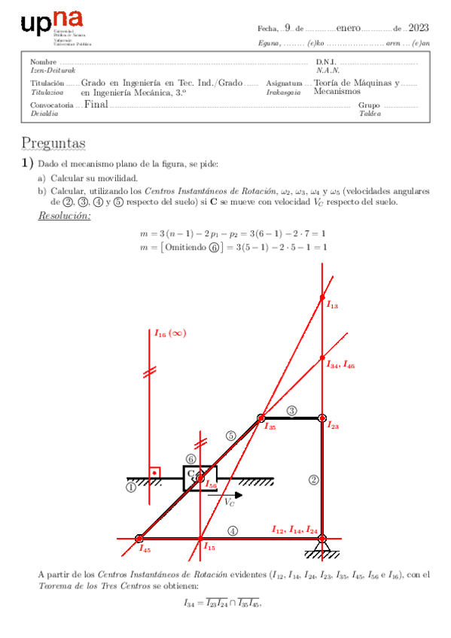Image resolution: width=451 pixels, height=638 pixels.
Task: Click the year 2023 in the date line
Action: coord(419,28)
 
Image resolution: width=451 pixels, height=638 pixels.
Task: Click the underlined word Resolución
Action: coord(64,217)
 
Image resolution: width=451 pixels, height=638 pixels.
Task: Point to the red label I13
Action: coord(332,305)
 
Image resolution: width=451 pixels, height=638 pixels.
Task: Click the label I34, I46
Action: coord(340,365)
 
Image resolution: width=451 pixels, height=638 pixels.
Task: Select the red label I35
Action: coord(270,426)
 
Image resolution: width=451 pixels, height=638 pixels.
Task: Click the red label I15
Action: coord(210,547)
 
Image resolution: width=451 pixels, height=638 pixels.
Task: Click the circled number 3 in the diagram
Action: coord(292,410)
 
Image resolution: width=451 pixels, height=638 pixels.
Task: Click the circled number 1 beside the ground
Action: coord(131,488)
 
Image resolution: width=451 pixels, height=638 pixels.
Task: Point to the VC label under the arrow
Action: coord(229,503)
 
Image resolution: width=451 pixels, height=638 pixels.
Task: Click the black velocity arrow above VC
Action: coord(226,495)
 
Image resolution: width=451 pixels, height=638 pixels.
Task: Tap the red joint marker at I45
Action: coord(139,539)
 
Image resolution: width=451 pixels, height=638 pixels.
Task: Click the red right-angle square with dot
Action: coord(154,472)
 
